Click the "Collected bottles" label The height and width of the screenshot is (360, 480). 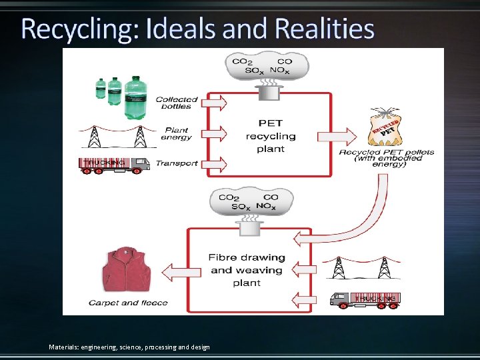pyautogui.click(x=177, y=103)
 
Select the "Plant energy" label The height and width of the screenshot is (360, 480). pyautogui.click(x=176, y=134)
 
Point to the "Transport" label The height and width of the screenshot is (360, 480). pyautogui.click(x=177, y=163)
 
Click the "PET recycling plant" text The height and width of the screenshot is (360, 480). pyautogui.click(x=271, y=136)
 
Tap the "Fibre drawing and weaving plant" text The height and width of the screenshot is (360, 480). pyautogui.click(x=247, y=270)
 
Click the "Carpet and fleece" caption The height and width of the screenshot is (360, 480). pyautogui.click(x=129, y=303)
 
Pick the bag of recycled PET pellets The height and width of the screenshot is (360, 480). pyautogui.click(x=385, y=130)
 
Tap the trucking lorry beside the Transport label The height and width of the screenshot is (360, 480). pyautogui.click(x=115, y=165)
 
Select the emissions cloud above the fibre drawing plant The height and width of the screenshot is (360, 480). pyautogui.click(x=251, y=201)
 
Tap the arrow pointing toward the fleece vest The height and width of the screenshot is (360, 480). pyautogui.click(x=175, y=271)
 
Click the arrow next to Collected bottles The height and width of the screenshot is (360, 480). pyautogui.click(x=215, y=103)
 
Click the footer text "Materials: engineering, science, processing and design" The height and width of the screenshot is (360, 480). pyautogui.click(x=129, y=347)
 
